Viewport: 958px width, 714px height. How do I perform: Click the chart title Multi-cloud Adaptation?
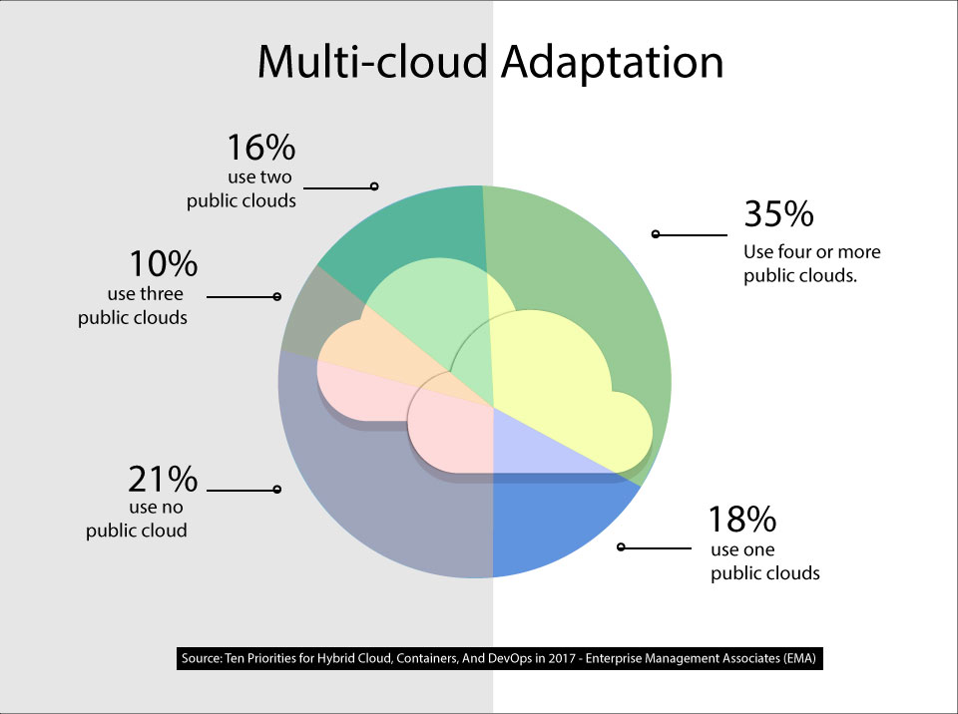490,62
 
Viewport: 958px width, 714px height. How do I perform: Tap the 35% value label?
778,214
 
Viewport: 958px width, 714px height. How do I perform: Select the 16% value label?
261,148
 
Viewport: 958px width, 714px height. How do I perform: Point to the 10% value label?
163,264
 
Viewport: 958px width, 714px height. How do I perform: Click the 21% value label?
163,480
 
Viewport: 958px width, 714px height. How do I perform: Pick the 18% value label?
741,520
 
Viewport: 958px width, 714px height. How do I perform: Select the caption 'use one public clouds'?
764,561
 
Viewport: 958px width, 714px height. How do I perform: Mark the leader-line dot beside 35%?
655,234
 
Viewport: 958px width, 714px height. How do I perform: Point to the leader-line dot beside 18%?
621,547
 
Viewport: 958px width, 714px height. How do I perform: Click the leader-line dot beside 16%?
374,185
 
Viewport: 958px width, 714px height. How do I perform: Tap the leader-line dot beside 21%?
276,490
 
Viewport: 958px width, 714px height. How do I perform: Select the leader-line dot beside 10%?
276,296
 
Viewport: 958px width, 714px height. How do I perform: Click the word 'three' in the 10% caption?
165,295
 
